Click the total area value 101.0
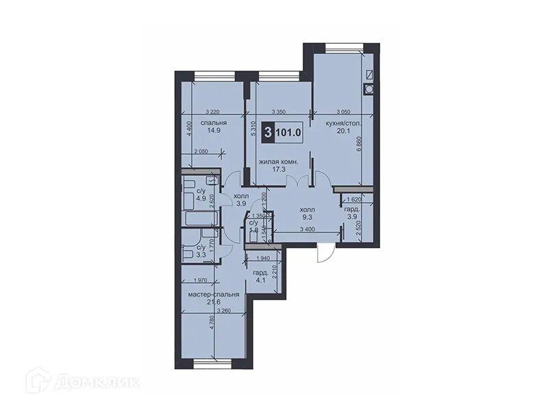(x=289, y=132)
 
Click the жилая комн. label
(x=277, y=162)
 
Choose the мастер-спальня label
(x=214, y=295)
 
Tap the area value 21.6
(x=214, y=302)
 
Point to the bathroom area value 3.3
(x=201, y=255)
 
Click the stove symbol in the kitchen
(x=371, y=88)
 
